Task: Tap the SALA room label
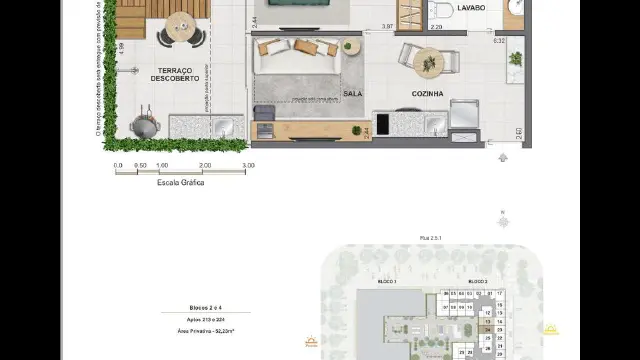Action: pyautogui.click(x=352, y=93)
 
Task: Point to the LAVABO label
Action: pyautogui.click(x=471, y=7)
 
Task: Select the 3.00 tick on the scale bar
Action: pyautogui.click(x=248, y=165)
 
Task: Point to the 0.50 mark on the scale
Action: pyautogui.click(x=140, y=165)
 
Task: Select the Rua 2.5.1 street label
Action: pyautogui.click(x=431, y=239)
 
